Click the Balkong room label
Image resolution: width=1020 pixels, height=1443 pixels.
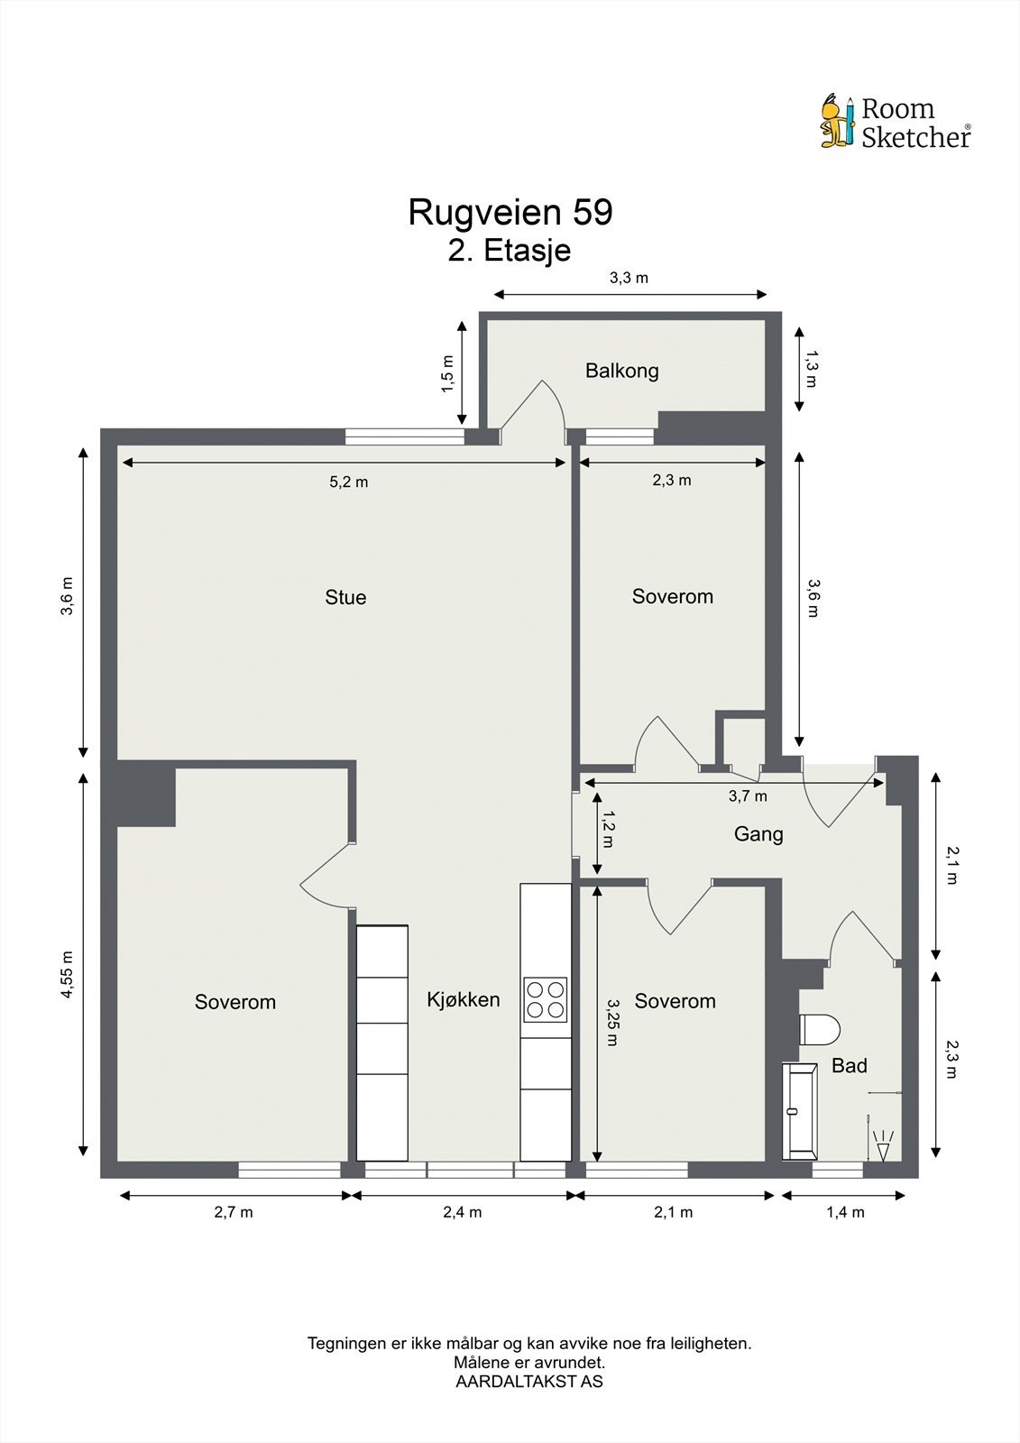[x=621, y=371]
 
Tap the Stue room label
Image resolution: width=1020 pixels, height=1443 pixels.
[x=345, y=597]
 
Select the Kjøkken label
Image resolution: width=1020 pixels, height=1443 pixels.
[x=463, y=999]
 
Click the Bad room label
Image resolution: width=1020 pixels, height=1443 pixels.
[x=849, y=1066]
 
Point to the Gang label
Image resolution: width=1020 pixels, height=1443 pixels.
[x=758, y=834]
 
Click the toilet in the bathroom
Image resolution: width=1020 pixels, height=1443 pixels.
[x=819, y=1029]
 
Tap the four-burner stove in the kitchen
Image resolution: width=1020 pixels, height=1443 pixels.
[x=546, y=999]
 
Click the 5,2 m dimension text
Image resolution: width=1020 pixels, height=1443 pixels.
[x=348, y=483]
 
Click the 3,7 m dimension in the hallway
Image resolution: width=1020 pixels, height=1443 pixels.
[x=748, y=796]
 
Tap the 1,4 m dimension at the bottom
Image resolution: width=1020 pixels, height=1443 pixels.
[x=845, y=1212]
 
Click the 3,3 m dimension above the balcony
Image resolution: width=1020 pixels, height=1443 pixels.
[x=629, y=278]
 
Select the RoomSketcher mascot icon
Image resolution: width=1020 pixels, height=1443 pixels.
[x=836, y=122]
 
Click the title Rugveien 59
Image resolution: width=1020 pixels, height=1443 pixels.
[x=510, y=213]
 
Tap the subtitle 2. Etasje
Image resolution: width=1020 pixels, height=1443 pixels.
[x=510, y=250]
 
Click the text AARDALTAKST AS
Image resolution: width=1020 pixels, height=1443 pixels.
[x=529, y=1381]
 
